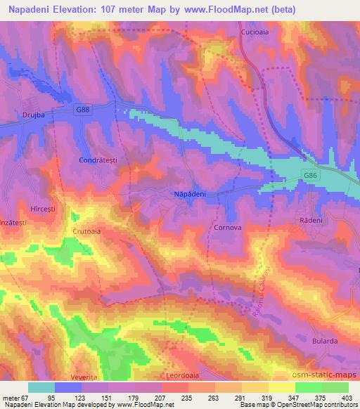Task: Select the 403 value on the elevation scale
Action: click(347, 398)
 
